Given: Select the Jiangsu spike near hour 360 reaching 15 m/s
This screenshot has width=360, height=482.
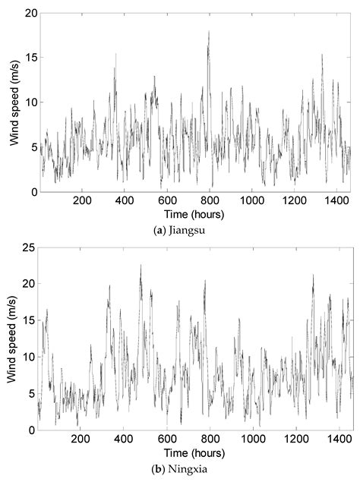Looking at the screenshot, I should click(x=116, y=54).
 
